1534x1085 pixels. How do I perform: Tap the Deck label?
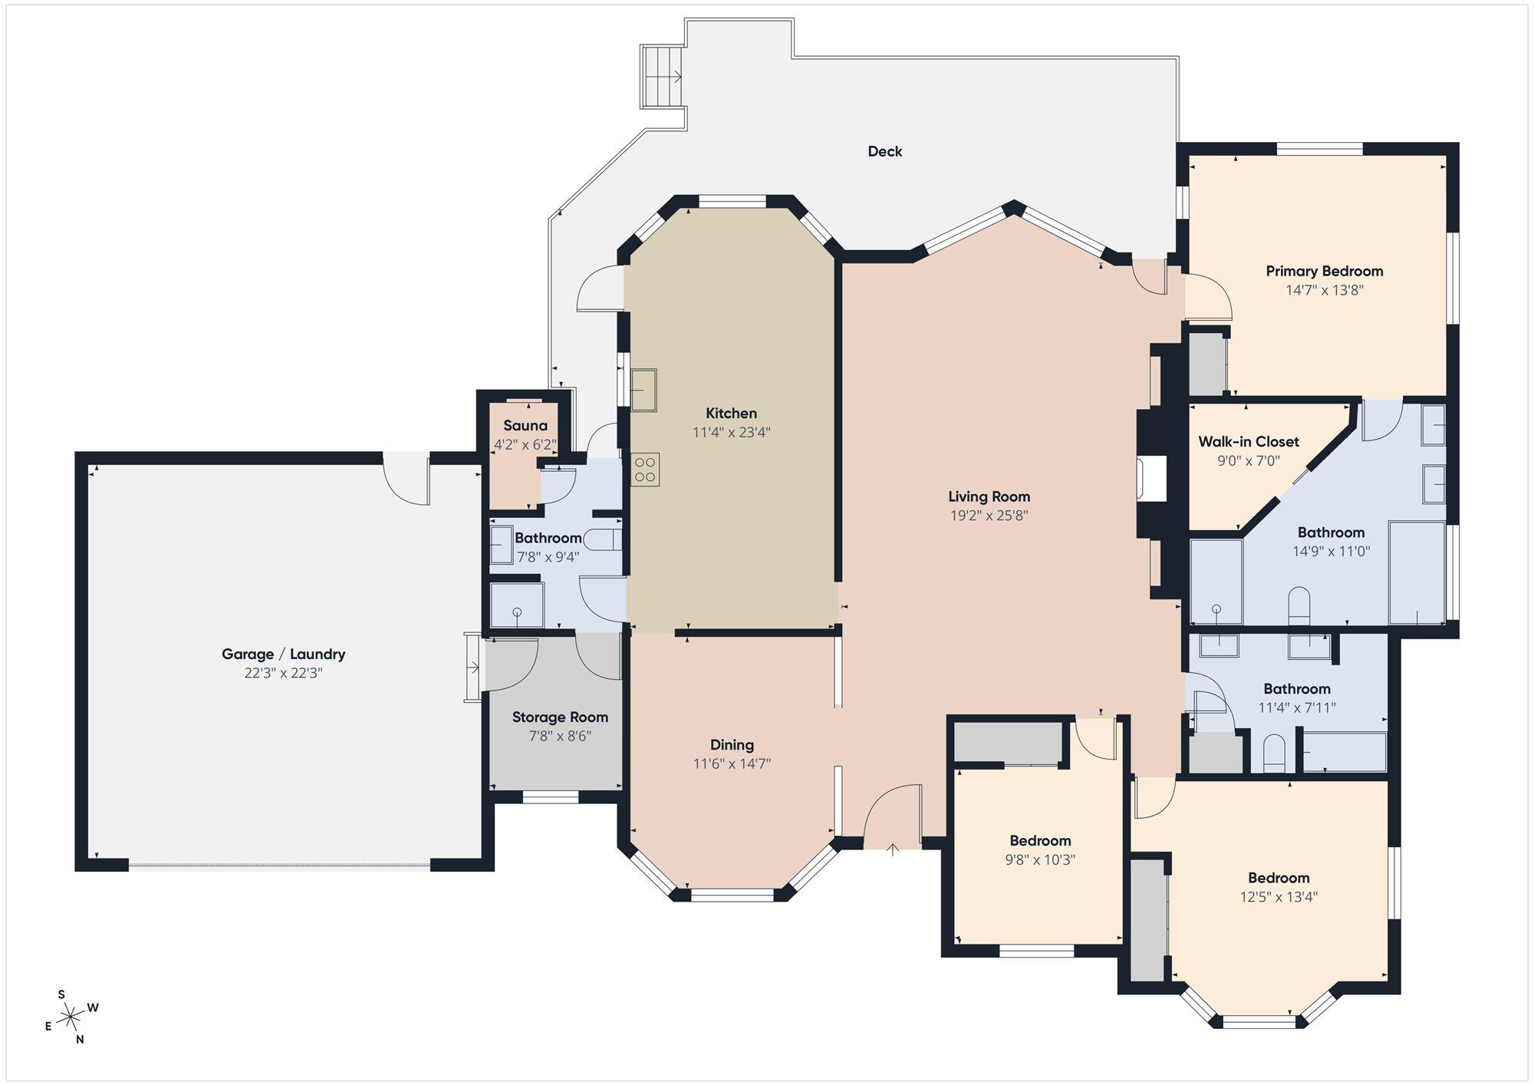click(x=885, y=151)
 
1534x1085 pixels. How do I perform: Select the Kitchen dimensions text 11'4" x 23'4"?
click(x=732, y=432)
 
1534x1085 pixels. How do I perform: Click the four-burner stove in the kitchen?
click(x=645, y=470)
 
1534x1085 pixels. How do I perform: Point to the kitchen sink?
click(x=644, y=390)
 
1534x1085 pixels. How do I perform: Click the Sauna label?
click(x=525, y=426)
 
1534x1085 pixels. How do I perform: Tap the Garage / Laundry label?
click(x=283, y=654)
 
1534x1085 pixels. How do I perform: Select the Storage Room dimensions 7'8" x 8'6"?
click(x=560, y=736)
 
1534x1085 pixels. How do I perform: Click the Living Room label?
click(x=989, y=496)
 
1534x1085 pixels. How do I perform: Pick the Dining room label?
click(x=732, y=744)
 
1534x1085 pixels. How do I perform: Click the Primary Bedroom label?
click(x=1324, y=271)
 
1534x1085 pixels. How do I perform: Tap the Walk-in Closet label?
click(x=1249, y=441)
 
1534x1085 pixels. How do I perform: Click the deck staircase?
click(x=663, y=77)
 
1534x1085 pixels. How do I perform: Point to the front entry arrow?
click(x=893, y=849)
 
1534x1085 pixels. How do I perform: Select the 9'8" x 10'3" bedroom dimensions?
click(x=1040, y=859)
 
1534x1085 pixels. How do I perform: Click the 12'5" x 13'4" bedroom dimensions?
click(x=1279, y=896)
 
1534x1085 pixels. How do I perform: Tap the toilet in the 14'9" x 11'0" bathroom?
click(x=1299, y=606)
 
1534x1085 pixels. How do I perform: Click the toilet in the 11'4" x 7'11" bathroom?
click(x=1273, y=754)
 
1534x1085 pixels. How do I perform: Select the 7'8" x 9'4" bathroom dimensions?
click(x=548, y=557)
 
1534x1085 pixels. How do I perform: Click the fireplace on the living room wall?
click(x=1151, y=480)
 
